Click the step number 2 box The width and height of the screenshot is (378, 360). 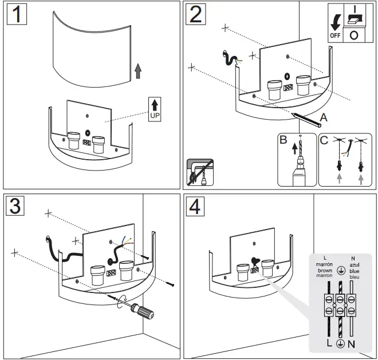[x=196, y=14]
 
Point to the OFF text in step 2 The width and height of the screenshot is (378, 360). [x=334, y=35]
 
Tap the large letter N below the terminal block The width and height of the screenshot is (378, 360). [x=352, y=344]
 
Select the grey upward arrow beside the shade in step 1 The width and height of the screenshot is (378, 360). [x=137, y=70]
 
